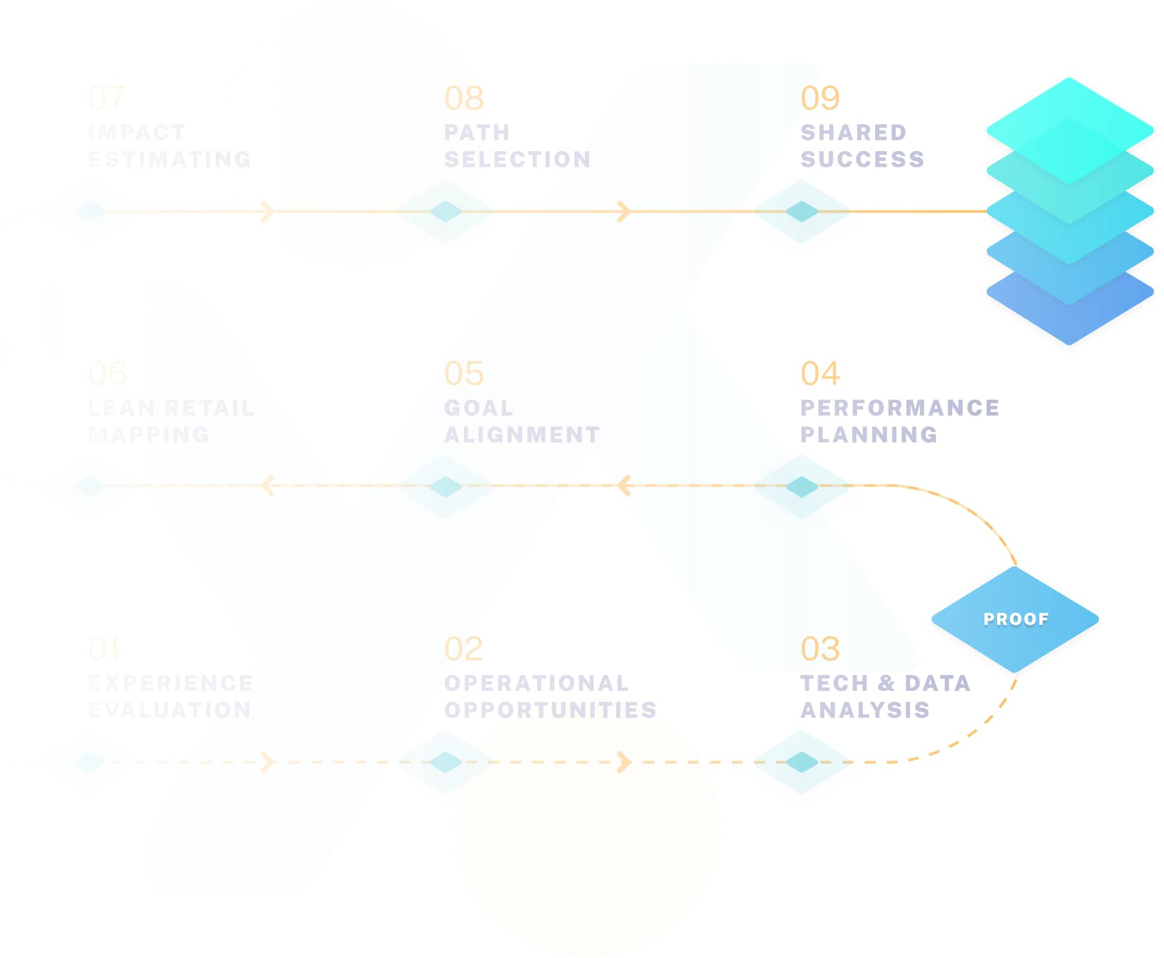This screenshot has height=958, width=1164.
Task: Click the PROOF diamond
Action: [1014, 619]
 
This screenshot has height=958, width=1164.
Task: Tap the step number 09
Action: [819, 98]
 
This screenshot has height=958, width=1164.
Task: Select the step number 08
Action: [464, 98]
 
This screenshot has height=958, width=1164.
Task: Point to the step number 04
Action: [819, 373]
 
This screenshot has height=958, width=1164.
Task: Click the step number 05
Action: [464, 373]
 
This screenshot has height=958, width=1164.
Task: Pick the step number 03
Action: [819, 649]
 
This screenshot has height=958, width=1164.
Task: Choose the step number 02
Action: [463, 649]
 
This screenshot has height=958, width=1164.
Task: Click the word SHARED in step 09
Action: [853, 133]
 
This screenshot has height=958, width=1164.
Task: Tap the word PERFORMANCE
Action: [899, 408]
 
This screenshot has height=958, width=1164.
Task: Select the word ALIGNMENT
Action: [522, 435]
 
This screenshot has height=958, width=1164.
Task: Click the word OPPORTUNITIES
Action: [550, 710]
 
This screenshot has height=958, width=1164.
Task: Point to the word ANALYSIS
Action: [865, 710]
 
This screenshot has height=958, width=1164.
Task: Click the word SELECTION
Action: [518, 160]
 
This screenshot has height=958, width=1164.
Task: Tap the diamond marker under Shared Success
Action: [801, 212]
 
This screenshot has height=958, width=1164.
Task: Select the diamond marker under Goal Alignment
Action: [445, 487]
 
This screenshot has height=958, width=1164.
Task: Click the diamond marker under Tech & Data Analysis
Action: [801, 762]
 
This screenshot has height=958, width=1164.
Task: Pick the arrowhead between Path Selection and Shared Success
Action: [623, 212]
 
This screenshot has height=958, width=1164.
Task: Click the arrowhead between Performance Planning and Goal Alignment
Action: [623, 486]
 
